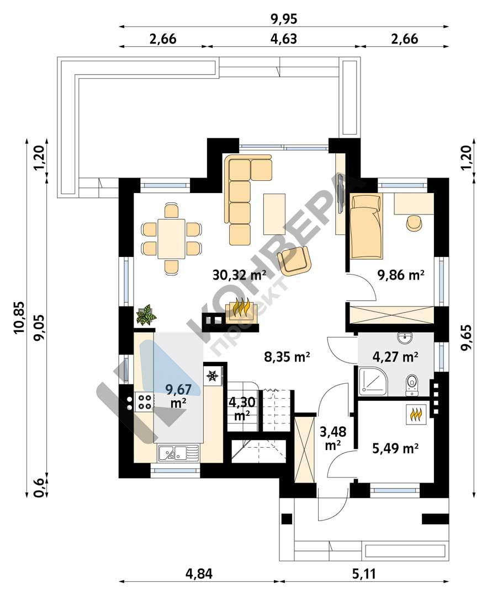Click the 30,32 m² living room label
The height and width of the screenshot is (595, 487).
(239, 275)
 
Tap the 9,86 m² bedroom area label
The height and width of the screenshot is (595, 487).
(400, 275)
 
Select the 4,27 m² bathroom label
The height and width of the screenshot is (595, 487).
(395, 357)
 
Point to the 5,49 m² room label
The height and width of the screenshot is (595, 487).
(395, 448)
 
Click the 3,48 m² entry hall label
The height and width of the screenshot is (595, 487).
(333, 438)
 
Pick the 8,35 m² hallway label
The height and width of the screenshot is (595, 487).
(287, 357)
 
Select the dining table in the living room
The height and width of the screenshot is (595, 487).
(171, 239)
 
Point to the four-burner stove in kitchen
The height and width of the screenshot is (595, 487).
(144, 402)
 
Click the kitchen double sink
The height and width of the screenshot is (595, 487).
(178, 453)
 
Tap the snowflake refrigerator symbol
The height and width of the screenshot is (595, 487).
(213, 376)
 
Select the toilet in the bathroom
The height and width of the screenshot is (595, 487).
(411, 385)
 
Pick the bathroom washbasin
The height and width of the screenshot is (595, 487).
(405, 337)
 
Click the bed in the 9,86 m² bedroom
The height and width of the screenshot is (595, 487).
(366, 226)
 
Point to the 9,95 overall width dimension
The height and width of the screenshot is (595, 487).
(284, 19)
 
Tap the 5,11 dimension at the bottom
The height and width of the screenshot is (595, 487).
(364, 573)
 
